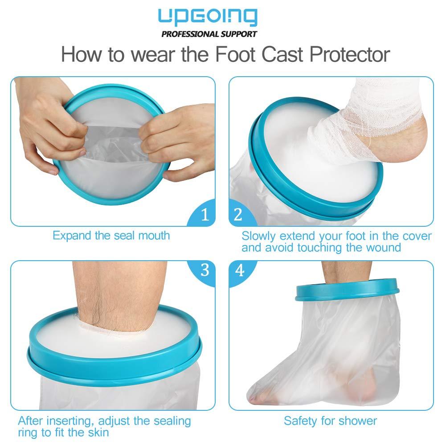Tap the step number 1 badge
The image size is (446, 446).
point(205,215)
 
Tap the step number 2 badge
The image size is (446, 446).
point(238,215)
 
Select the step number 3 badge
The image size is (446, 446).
point(205,270)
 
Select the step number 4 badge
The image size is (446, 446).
point(240,270)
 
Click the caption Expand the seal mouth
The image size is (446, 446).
point(111,235)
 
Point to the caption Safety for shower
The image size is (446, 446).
point(330,420)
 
